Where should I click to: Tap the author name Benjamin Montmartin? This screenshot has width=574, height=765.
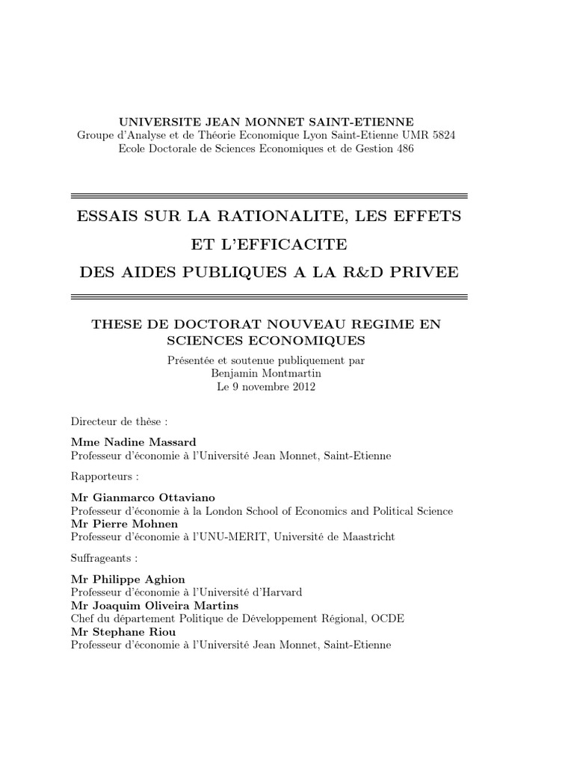click(x=269, y=374)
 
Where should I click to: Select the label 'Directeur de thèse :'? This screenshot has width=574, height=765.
click(x=114, y=421)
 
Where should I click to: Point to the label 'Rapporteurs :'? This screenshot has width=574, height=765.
click(x=105, y=476)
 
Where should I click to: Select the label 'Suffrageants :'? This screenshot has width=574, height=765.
click(x=105, y=558)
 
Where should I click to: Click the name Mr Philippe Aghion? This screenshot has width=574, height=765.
click(x=127, y=579)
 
